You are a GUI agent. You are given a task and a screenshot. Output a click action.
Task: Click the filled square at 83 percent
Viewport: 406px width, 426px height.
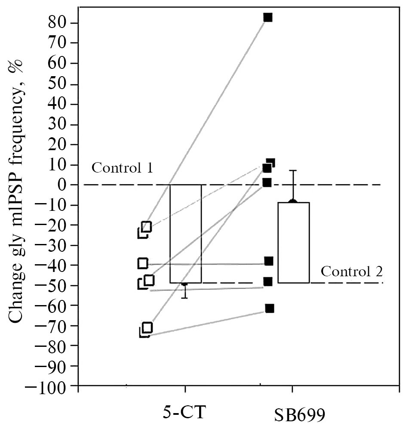coord(268,18)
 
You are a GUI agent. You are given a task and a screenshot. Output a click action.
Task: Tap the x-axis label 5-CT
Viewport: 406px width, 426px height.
coord(185,412)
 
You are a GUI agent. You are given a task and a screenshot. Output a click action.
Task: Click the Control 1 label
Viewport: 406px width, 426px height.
coord(123,167)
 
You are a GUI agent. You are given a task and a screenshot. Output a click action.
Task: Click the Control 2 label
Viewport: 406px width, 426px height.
coord(352,272)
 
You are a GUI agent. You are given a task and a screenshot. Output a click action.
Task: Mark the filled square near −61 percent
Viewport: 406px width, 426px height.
coord(270,308)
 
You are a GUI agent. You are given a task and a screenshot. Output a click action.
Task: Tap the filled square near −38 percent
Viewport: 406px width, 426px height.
coord(269,261)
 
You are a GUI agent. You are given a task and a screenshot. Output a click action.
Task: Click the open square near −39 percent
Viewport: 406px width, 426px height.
coord(143,263)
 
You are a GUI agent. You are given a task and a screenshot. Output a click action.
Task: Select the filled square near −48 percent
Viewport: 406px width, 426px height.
coord(268,281)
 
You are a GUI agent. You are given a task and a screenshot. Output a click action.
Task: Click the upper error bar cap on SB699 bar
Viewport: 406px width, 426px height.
coord(293,171)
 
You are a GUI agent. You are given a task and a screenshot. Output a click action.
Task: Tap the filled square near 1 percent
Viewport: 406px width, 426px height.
coord(267,183)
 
